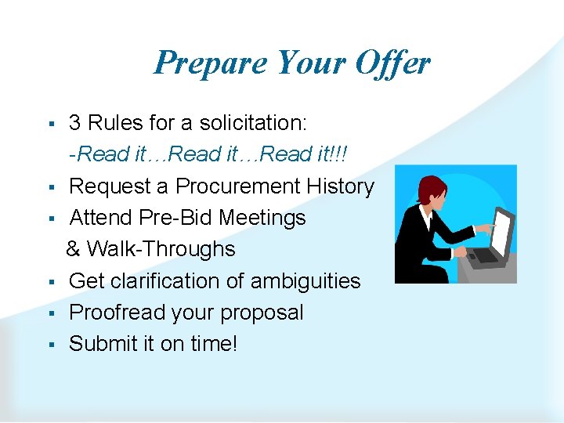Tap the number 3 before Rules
[75, 123]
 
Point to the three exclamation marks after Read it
[342, 154]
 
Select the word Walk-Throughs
[161, 249]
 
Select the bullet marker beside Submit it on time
[49, 345]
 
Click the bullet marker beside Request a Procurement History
[49, 187]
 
